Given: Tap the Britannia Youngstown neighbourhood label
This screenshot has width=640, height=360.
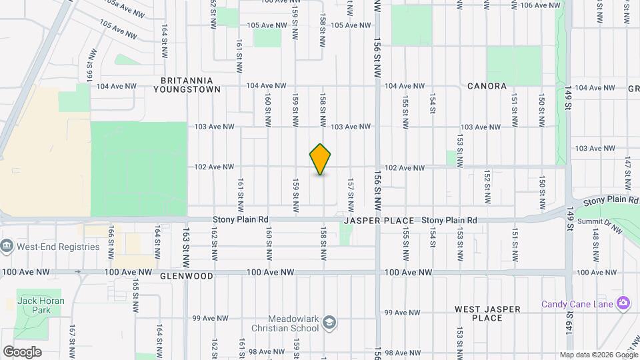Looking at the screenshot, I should tap(178, 83).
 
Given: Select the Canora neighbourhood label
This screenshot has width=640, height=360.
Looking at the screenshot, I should tap(487, 86).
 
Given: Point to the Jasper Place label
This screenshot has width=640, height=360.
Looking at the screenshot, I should tap(379, 220).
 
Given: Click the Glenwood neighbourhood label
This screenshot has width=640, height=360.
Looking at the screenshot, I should tap(187, 276).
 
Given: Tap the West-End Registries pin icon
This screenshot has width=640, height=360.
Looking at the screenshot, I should tap(7, 247).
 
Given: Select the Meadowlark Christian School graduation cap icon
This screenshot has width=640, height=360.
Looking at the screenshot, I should tap(329, 323).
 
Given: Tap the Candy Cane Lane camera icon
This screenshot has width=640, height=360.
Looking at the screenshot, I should tap(624, 303).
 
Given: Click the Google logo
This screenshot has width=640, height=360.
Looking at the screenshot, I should tap(22, 352).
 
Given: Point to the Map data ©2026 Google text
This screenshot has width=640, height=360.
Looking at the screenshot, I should tap(599, 355).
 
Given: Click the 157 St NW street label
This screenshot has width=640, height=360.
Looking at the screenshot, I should tap(350, 190).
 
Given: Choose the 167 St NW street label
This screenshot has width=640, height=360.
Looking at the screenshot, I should tap(71, 339).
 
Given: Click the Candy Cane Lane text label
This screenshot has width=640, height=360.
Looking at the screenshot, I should tap(577, 304).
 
